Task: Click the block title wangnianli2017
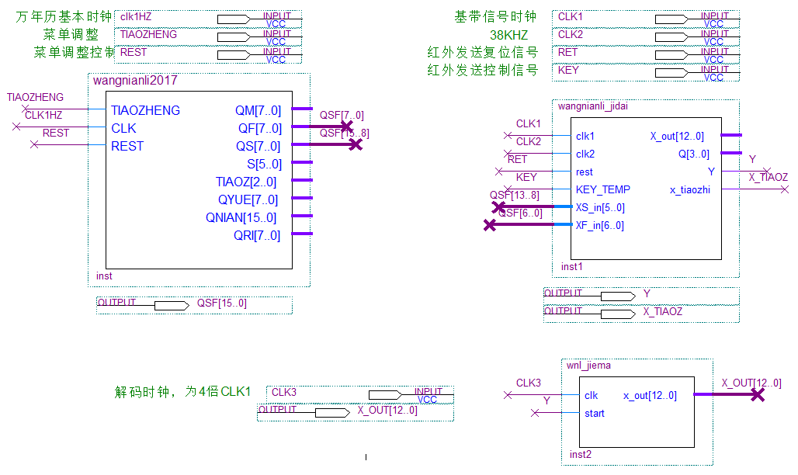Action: pos(135,81)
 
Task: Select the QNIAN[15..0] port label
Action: pos(241,217)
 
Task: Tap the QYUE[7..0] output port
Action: pos(246,199)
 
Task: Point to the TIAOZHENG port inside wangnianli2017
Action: pos(145,110)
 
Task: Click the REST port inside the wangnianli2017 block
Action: pos(127,146)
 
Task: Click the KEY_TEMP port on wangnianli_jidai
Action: pos(602,189)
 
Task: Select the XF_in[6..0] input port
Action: pos(599,225)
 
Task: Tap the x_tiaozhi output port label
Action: pos(689,189)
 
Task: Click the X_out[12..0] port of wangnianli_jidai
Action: pos(677,137)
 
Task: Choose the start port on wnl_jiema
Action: pos(594,413)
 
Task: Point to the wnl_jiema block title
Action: pos(585,366)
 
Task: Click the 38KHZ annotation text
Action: pos(508,36)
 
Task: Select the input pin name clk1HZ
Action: pos(136,16)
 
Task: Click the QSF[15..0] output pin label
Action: pos(221,303)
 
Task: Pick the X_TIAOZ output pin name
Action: pos(662,311)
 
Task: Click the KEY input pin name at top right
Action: pos(568,70)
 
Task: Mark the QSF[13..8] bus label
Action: pos(514,195)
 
